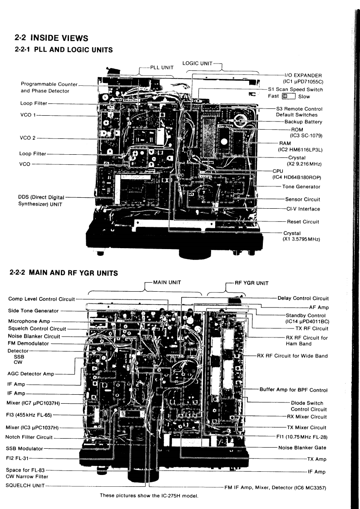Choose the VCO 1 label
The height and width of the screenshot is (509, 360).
29,116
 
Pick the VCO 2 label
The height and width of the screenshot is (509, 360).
29,138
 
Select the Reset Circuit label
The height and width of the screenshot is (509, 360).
303,221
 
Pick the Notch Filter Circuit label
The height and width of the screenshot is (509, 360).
30,437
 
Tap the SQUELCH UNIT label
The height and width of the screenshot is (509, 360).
26,485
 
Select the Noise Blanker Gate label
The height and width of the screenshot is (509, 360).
302,447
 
